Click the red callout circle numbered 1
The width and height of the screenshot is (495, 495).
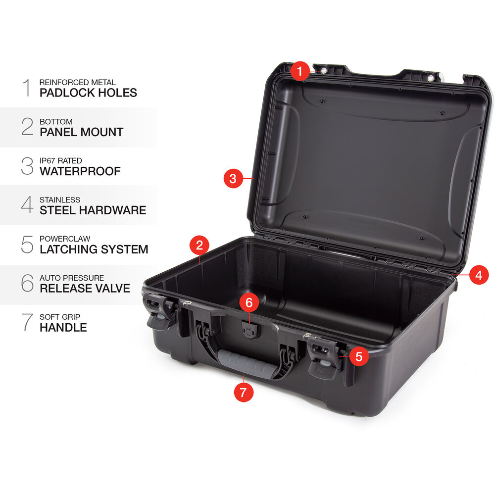click(x=300, y=71)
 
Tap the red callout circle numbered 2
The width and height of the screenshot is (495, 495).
click(x=199, y=246)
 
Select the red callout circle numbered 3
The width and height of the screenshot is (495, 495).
click(x=233, y=178)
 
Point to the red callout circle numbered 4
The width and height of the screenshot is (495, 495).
click(x=479, y=275)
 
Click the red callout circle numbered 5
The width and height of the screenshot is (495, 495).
click(x=359, y=356)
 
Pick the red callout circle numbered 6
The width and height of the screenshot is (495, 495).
click(x=249, y=302)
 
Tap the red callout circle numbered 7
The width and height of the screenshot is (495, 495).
click(x=244, y=392)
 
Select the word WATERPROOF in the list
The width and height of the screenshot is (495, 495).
click(x=80, y=171)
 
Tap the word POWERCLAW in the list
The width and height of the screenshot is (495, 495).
click(x=65, y=239)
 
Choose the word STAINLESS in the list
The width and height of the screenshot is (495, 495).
click(x=60, y=200)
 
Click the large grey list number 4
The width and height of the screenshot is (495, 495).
click(x=27, y=204)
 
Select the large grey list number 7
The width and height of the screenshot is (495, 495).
click(x=27, y=322)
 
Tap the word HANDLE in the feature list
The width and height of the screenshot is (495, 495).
click(x=63, y=327)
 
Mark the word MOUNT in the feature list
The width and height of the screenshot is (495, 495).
click(x=101, y=132)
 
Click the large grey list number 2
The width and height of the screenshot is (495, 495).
click(x=27, y=127)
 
